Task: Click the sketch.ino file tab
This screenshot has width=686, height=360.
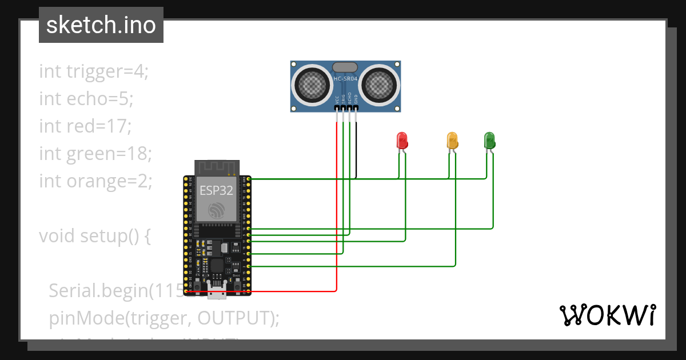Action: click(101, 25)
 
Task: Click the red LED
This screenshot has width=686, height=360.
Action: click(402, 140)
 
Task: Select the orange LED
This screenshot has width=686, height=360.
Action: click(452, 140)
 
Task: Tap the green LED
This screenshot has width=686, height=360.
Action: click(489, 139)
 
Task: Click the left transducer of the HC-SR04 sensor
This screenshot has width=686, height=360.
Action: click(313, 85)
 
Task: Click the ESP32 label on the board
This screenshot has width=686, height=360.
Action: click(216, 190)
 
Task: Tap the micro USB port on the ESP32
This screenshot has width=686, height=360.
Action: click(217, 293)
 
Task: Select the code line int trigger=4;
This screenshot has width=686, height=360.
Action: click(94, 71)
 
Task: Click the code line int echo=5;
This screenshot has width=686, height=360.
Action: click(86, 99)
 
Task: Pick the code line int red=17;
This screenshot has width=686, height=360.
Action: click(85, 126)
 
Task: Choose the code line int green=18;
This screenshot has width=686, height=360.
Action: click(95, 153)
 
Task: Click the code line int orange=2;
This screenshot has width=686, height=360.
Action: click(95, 181)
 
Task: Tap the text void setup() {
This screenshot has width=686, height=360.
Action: click(94, 235)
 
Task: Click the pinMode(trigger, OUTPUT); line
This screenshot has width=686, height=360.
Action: click(164, 318)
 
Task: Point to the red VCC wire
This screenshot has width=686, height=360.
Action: click(337, 217)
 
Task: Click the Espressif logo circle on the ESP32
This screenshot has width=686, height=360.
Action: click(217, 210)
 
